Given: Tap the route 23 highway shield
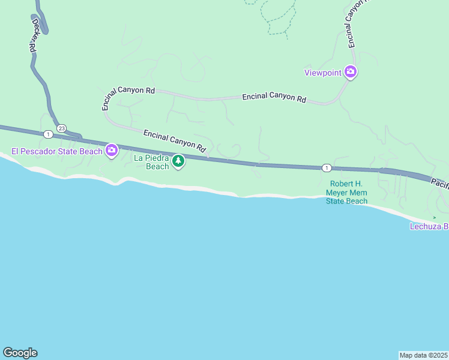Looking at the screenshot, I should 62,128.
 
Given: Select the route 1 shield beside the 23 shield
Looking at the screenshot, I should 47,134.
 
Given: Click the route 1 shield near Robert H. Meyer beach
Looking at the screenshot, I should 325,167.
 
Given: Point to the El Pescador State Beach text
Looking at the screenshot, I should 57,151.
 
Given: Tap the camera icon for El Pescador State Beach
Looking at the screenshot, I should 111,150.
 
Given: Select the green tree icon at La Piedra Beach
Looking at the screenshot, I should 178,161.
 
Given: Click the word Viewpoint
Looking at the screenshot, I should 323,73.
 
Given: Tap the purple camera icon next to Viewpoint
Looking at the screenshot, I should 351,73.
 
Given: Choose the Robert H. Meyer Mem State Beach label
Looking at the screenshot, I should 347,193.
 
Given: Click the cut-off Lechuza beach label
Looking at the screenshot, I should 429,226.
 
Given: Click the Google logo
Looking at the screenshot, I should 20,353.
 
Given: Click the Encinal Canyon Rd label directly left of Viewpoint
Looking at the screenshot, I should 274,97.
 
